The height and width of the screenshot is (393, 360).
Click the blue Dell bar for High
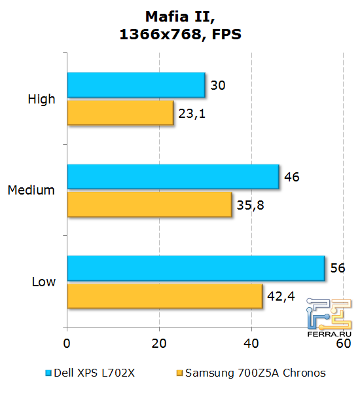(x=136, y=85)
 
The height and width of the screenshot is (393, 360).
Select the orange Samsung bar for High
(x=120, y=113)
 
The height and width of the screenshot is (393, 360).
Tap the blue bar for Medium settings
(x=173, y=176)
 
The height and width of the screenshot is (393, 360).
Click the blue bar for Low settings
(x=196, y=268)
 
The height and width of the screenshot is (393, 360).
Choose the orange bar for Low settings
(x=165, y=295)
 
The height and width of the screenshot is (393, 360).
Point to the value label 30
(x=219, y=85)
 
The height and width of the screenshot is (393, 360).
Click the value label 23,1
(x=191, y=113)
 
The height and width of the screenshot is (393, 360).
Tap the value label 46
(x=292, y=176)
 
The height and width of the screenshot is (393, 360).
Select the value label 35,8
(x=251, y=204)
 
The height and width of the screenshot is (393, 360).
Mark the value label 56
(x=338, y=268)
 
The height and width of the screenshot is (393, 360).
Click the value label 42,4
(x=281, y=295)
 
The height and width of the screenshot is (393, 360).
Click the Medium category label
(x=31, y=190)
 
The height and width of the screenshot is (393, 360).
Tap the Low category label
(x=44, y=282)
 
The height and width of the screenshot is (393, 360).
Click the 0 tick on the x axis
(x=67, y=343)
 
